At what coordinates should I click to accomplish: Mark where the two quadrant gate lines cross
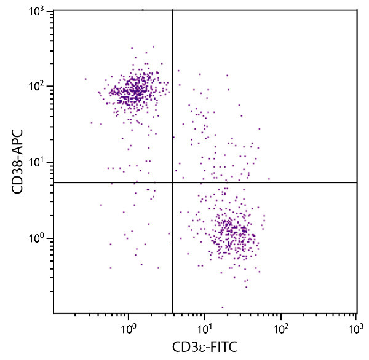point(173,182)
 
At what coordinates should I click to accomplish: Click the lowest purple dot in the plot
point(223,307)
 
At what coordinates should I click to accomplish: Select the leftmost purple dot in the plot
point(85,79)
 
